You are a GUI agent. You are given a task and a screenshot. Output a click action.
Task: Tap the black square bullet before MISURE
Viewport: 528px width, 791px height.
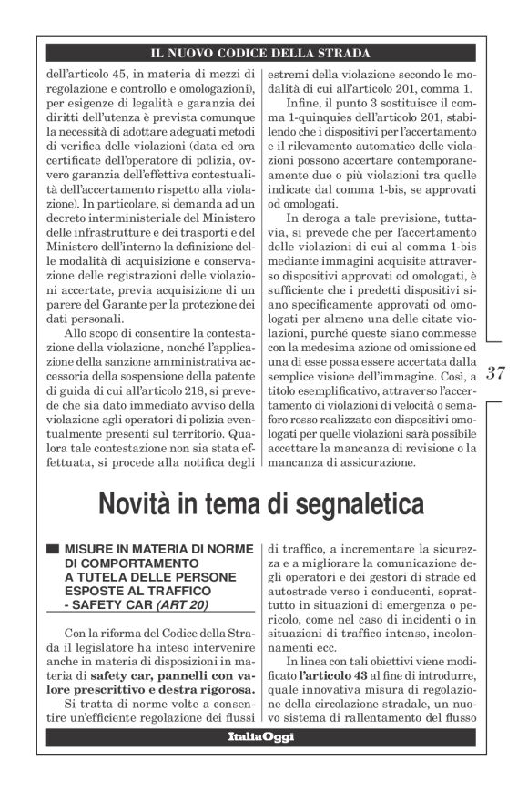point(53,550)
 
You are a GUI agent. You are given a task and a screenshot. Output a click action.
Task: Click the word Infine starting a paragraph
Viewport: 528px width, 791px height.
point(303,110)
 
